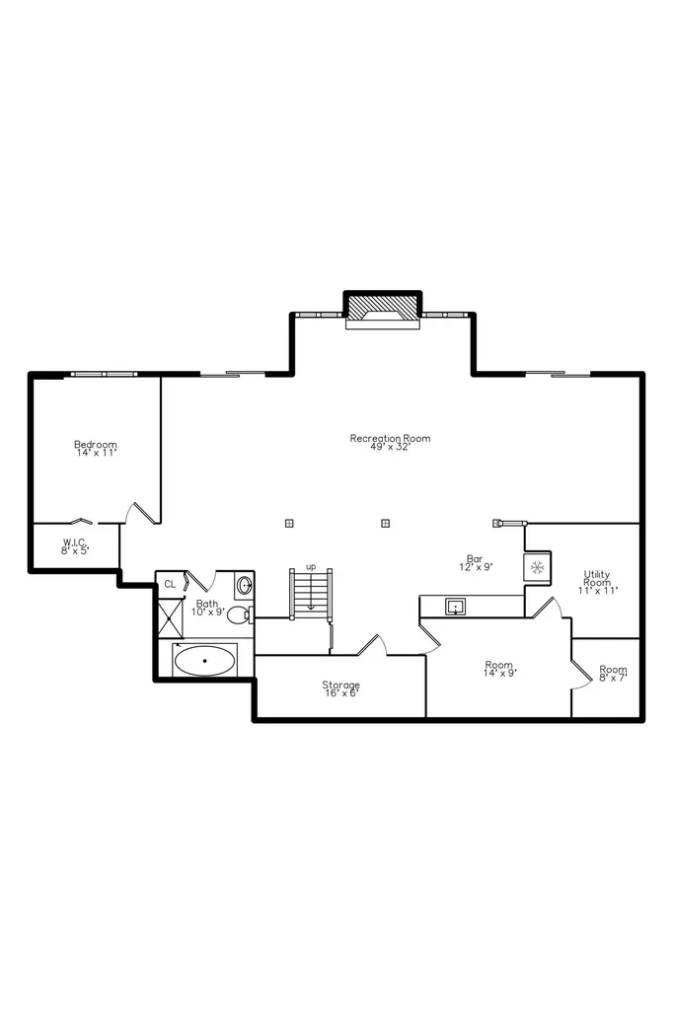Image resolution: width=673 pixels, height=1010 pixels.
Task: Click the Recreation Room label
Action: [390, 443]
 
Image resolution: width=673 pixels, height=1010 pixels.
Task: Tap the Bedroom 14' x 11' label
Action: [96, 449]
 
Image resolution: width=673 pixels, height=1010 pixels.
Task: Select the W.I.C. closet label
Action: [75, 546]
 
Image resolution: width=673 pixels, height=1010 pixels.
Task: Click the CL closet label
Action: [170, 584]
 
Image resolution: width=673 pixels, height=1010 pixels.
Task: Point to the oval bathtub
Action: [205, 660]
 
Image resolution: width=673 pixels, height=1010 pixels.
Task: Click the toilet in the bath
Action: [239, 614]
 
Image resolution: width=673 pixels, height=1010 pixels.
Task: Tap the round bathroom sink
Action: [245, 586]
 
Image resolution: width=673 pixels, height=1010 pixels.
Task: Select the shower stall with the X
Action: [170, 617]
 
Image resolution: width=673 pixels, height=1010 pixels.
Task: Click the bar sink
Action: [455, 607]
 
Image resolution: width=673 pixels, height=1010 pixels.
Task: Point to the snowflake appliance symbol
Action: [537, 567]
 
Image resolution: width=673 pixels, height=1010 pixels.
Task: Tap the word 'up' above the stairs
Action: [311, 567]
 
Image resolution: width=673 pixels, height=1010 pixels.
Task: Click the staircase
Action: [311, 594]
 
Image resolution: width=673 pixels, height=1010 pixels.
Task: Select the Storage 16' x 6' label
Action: [341, 688]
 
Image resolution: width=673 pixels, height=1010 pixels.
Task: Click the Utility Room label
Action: [597, 582]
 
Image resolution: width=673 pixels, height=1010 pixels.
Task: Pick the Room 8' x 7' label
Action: [613, 673]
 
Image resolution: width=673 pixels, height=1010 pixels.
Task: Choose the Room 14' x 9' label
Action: [499, 669]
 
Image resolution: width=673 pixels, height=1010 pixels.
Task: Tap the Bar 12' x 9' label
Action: [475, 563]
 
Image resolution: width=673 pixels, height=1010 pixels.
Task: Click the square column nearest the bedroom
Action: [289, 523]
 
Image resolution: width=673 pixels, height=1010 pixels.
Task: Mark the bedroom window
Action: [105, 374]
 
